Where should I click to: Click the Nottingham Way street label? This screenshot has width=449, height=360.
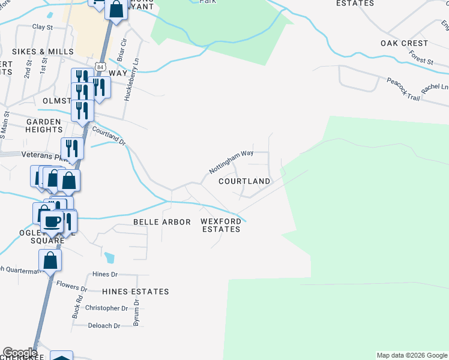pyautogui.click(x=231, y=162)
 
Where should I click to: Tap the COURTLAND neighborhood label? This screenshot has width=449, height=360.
pyautogui.click(x=244, y=181)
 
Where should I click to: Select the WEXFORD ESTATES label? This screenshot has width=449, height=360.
pyautogui.click(x=220, y=225)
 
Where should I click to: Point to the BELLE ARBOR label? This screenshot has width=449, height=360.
pyautogui.click(x=161, y=222)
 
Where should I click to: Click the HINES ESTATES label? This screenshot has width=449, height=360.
pyautogui.click(x=135, y=292)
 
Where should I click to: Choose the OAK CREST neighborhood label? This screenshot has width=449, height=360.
pyautogui.click(x=404, y=43)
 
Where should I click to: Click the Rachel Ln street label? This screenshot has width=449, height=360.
pyautogui.click(x=435, y=88)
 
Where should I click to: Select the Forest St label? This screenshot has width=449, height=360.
pyautogui.click(x=421, y=58)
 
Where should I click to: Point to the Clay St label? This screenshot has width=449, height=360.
pyautogui.click(x=43, y=27)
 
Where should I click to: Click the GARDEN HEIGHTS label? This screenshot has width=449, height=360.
pyautogui.click(x=44, y=125)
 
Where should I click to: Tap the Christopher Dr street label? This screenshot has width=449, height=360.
pyautogui.click(x=106, y=308)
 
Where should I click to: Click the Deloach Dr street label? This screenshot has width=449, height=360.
pyautogui.click(x=104, y=326)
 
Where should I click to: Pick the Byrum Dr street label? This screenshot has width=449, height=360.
pyautogui.click(x=136, y=314)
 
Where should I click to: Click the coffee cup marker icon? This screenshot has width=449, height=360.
pyautogui.click(x=52, y=221)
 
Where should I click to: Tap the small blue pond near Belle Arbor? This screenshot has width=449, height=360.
pyautogui.click(x=109, y=258)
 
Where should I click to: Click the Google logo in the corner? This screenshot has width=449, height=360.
pyautogui.click(x=20, y=353)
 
